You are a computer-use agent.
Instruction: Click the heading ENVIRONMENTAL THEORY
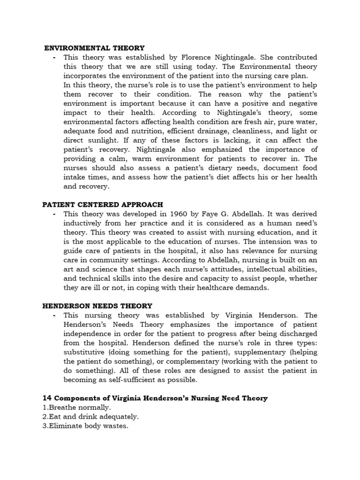coord(94,48)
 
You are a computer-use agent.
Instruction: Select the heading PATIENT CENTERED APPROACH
coord(103,204)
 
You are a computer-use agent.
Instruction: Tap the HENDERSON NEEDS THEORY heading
coord(97,306)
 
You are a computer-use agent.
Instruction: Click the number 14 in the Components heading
coord(47,398)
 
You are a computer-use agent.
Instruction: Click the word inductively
coord(83,223)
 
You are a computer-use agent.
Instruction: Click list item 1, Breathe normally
coord(76,407)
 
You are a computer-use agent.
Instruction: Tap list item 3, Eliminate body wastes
coord(85,426)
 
